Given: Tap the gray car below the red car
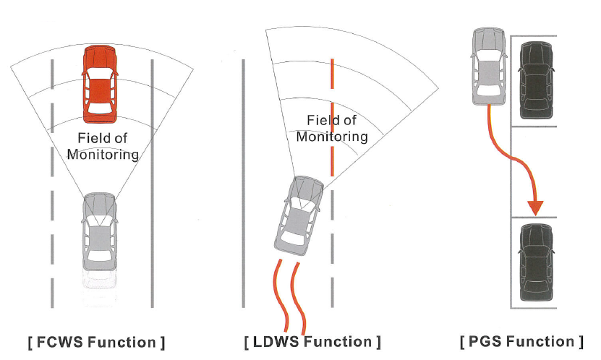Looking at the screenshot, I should click(99, 231).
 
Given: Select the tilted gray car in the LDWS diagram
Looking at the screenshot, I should click(299, 217).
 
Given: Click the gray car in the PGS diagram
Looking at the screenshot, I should click(490, 66).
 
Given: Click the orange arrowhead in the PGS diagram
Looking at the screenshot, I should click(535, 207).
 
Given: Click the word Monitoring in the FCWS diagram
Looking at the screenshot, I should click(108, 154).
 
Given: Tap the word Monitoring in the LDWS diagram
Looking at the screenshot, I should click(332, 136).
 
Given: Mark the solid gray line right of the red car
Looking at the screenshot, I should click(152, 181).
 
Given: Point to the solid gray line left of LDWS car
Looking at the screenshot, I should click(243, 181).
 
